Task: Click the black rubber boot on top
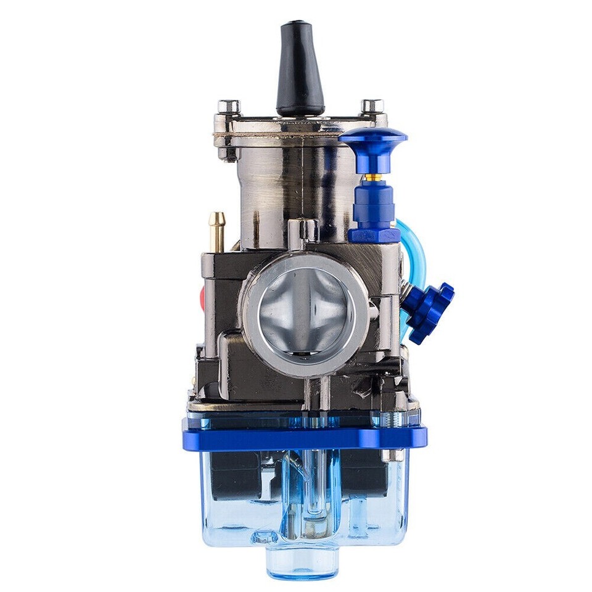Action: coord(300,68)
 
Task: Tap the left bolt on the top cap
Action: coord(229,107)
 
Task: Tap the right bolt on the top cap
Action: coord(372,106)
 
